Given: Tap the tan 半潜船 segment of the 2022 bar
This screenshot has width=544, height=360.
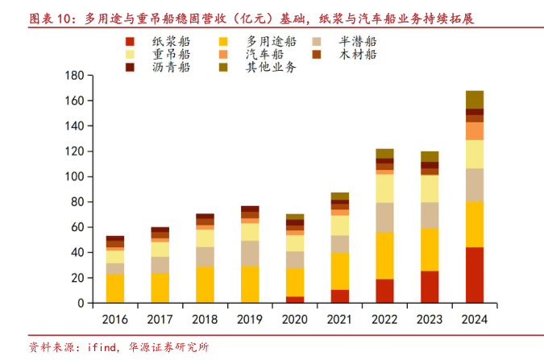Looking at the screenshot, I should click(x=384, y=217).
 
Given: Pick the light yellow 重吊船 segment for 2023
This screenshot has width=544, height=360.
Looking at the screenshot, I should click(x=430, y=188).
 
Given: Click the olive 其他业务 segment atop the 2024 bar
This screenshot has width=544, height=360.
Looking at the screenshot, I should click(x=474, y=100).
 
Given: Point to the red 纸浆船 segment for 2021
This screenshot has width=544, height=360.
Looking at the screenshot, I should click(x=339, y=296).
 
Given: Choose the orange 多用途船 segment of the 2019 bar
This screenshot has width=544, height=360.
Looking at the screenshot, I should click(x=250, y=284).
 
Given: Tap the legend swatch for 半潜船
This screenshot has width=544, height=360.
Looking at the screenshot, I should click(x=318, y=41).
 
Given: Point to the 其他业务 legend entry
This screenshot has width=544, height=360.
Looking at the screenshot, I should click(x=270, y=67).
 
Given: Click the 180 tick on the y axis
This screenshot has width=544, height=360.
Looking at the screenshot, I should click(x=74, y=76).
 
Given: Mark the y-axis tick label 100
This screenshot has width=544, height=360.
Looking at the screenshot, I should click(x=74, y=176).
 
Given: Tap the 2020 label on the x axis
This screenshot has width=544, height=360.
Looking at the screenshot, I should click(x=294, y=319).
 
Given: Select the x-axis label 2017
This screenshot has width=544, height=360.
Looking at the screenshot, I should click(x=160, y=319).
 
